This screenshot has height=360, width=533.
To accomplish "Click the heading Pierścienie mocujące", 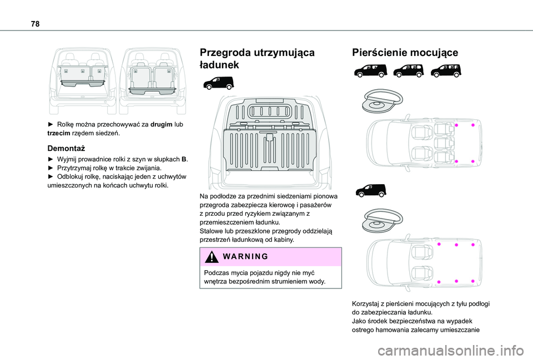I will [x=405, y=53].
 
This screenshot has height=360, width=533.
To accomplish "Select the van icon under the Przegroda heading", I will [x=219, y=84].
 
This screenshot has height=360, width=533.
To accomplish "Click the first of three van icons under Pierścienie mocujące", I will [x=367, y=70].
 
